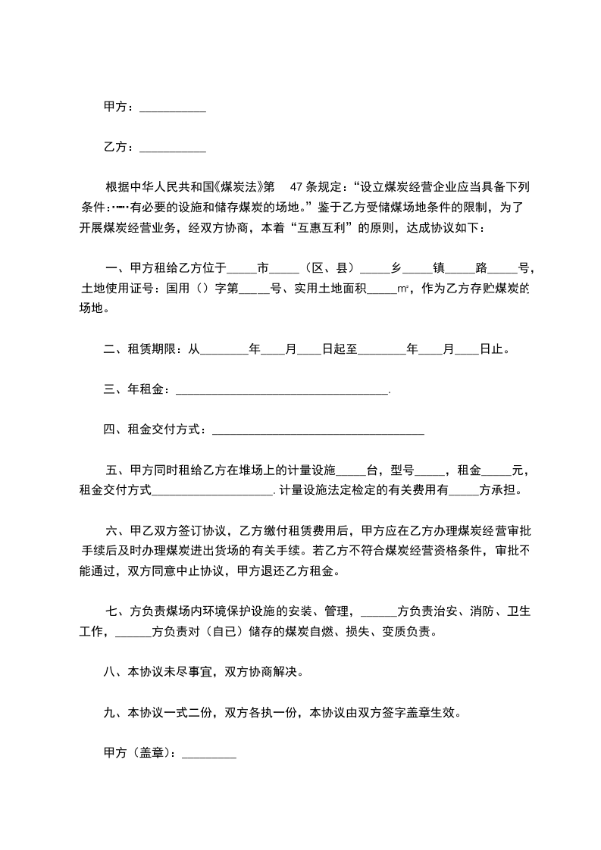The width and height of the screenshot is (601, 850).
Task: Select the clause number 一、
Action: (114, 268)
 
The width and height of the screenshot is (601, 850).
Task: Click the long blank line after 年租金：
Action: (281, 392)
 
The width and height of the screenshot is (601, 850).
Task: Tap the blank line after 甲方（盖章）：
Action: (210, 755)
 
